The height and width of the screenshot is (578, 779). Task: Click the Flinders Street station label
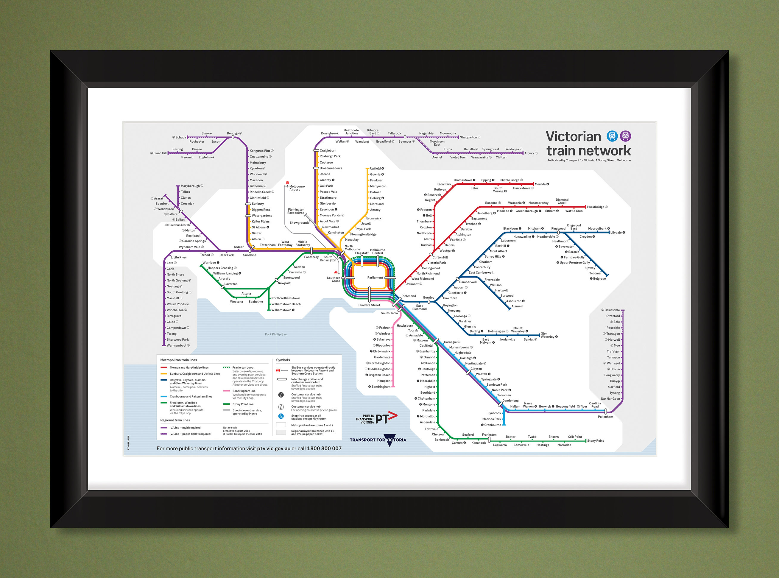(x=369, y=305)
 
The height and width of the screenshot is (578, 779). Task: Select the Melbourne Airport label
(x=297, y=188)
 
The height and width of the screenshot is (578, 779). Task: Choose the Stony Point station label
(x=595, y=440)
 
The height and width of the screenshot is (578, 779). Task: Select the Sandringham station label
(x=381, y=387)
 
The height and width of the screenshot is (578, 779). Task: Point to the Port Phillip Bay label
(x=276, y=334)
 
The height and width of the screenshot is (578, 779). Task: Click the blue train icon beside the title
(x=612, y=136)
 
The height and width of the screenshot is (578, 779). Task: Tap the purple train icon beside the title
(x=625, y=136)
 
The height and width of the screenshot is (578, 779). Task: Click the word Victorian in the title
(x=573, y=136)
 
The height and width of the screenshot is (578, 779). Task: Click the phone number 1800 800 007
(x=324, y=448)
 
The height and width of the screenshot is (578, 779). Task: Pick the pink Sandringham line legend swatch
(x=226, y=391)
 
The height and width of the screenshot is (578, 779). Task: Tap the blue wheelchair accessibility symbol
(x=281, y=416)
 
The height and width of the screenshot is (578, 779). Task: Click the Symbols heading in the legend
(x=283, y=360)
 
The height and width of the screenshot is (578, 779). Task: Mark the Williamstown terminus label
(x=281, y=310)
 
